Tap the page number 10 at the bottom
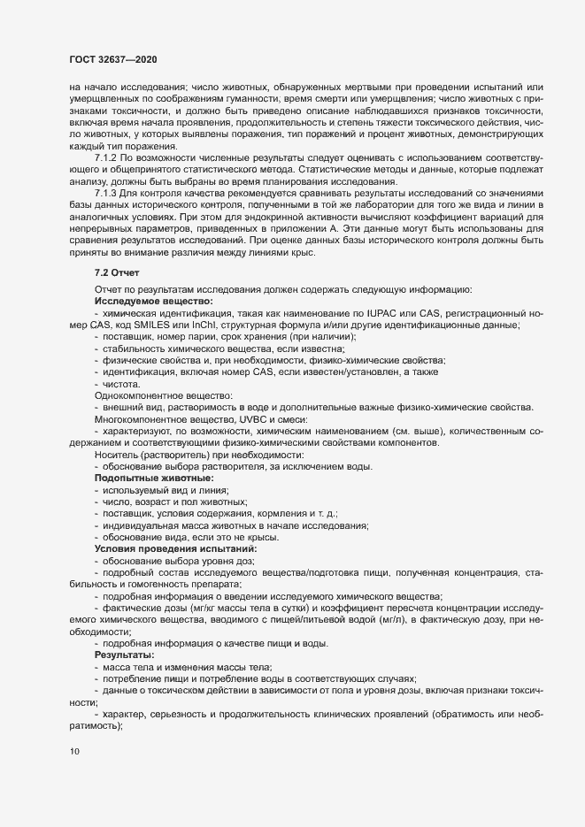(x=74, y=752)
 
